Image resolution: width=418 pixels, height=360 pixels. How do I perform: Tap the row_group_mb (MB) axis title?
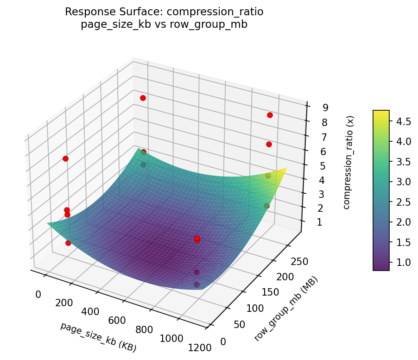pos(286,309)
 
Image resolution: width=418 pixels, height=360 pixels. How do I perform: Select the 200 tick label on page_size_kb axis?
pos(64,303)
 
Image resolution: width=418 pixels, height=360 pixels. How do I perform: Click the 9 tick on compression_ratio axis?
pos(326,108)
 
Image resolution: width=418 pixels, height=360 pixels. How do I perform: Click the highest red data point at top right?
pos(270,115)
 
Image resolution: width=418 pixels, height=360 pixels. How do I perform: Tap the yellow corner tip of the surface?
pos(286,168)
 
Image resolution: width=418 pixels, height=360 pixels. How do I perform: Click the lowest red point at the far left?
pos(68,243)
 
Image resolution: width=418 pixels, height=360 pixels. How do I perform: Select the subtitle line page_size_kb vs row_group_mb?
pos(164,25)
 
